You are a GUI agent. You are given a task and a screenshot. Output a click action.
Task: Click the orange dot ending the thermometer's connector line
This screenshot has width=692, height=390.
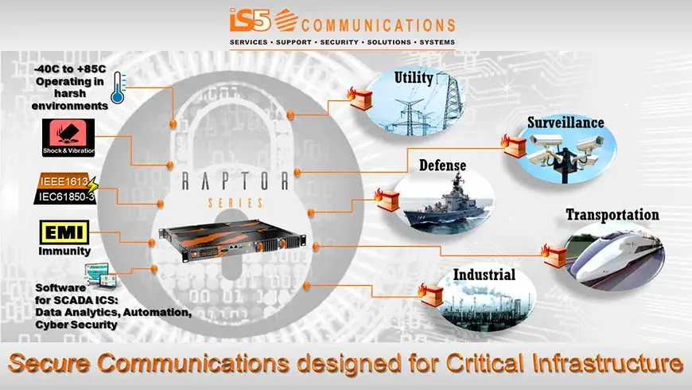173,123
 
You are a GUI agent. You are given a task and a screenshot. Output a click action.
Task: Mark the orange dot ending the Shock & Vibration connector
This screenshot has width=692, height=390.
170,166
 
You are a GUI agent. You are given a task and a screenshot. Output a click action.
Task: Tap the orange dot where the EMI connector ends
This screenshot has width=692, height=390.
152,243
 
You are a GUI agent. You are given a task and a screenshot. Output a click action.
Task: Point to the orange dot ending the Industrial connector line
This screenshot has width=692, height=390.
306,286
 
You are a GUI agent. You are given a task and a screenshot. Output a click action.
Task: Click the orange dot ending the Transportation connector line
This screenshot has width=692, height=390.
316,246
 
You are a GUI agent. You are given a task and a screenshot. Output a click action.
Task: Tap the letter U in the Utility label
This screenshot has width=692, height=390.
399,77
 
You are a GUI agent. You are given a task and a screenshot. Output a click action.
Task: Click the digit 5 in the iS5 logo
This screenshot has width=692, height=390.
261,20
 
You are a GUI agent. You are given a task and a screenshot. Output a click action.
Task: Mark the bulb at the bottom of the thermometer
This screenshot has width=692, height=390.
118,97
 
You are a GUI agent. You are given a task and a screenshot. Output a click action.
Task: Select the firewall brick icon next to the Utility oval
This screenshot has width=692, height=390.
360,98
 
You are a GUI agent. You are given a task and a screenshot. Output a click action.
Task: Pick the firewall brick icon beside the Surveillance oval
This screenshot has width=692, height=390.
514,146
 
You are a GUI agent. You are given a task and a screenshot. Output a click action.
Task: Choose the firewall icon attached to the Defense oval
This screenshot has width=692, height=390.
387,200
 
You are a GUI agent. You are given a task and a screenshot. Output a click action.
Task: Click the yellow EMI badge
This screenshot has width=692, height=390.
64,232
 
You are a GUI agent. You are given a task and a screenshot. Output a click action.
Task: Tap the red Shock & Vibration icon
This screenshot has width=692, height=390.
68,138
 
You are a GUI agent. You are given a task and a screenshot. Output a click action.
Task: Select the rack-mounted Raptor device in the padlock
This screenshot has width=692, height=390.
232,240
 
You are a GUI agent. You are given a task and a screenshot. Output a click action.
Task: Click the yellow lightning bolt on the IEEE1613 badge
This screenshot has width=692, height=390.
91,185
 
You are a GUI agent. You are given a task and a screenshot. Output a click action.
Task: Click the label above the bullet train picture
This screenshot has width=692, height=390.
612,215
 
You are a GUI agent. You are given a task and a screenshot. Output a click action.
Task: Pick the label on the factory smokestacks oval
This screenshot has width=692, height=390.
484,275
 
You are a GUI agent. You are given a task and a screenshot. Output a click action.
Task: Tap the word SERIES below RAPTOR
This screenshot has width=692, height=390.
235,203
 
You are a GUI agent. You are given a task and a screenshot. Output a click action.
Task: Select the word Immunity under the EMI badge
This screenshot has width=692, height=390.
64,252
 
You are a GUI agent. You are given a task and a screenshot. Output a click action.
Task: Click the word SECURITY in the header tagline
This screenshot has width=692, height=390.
340,42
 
